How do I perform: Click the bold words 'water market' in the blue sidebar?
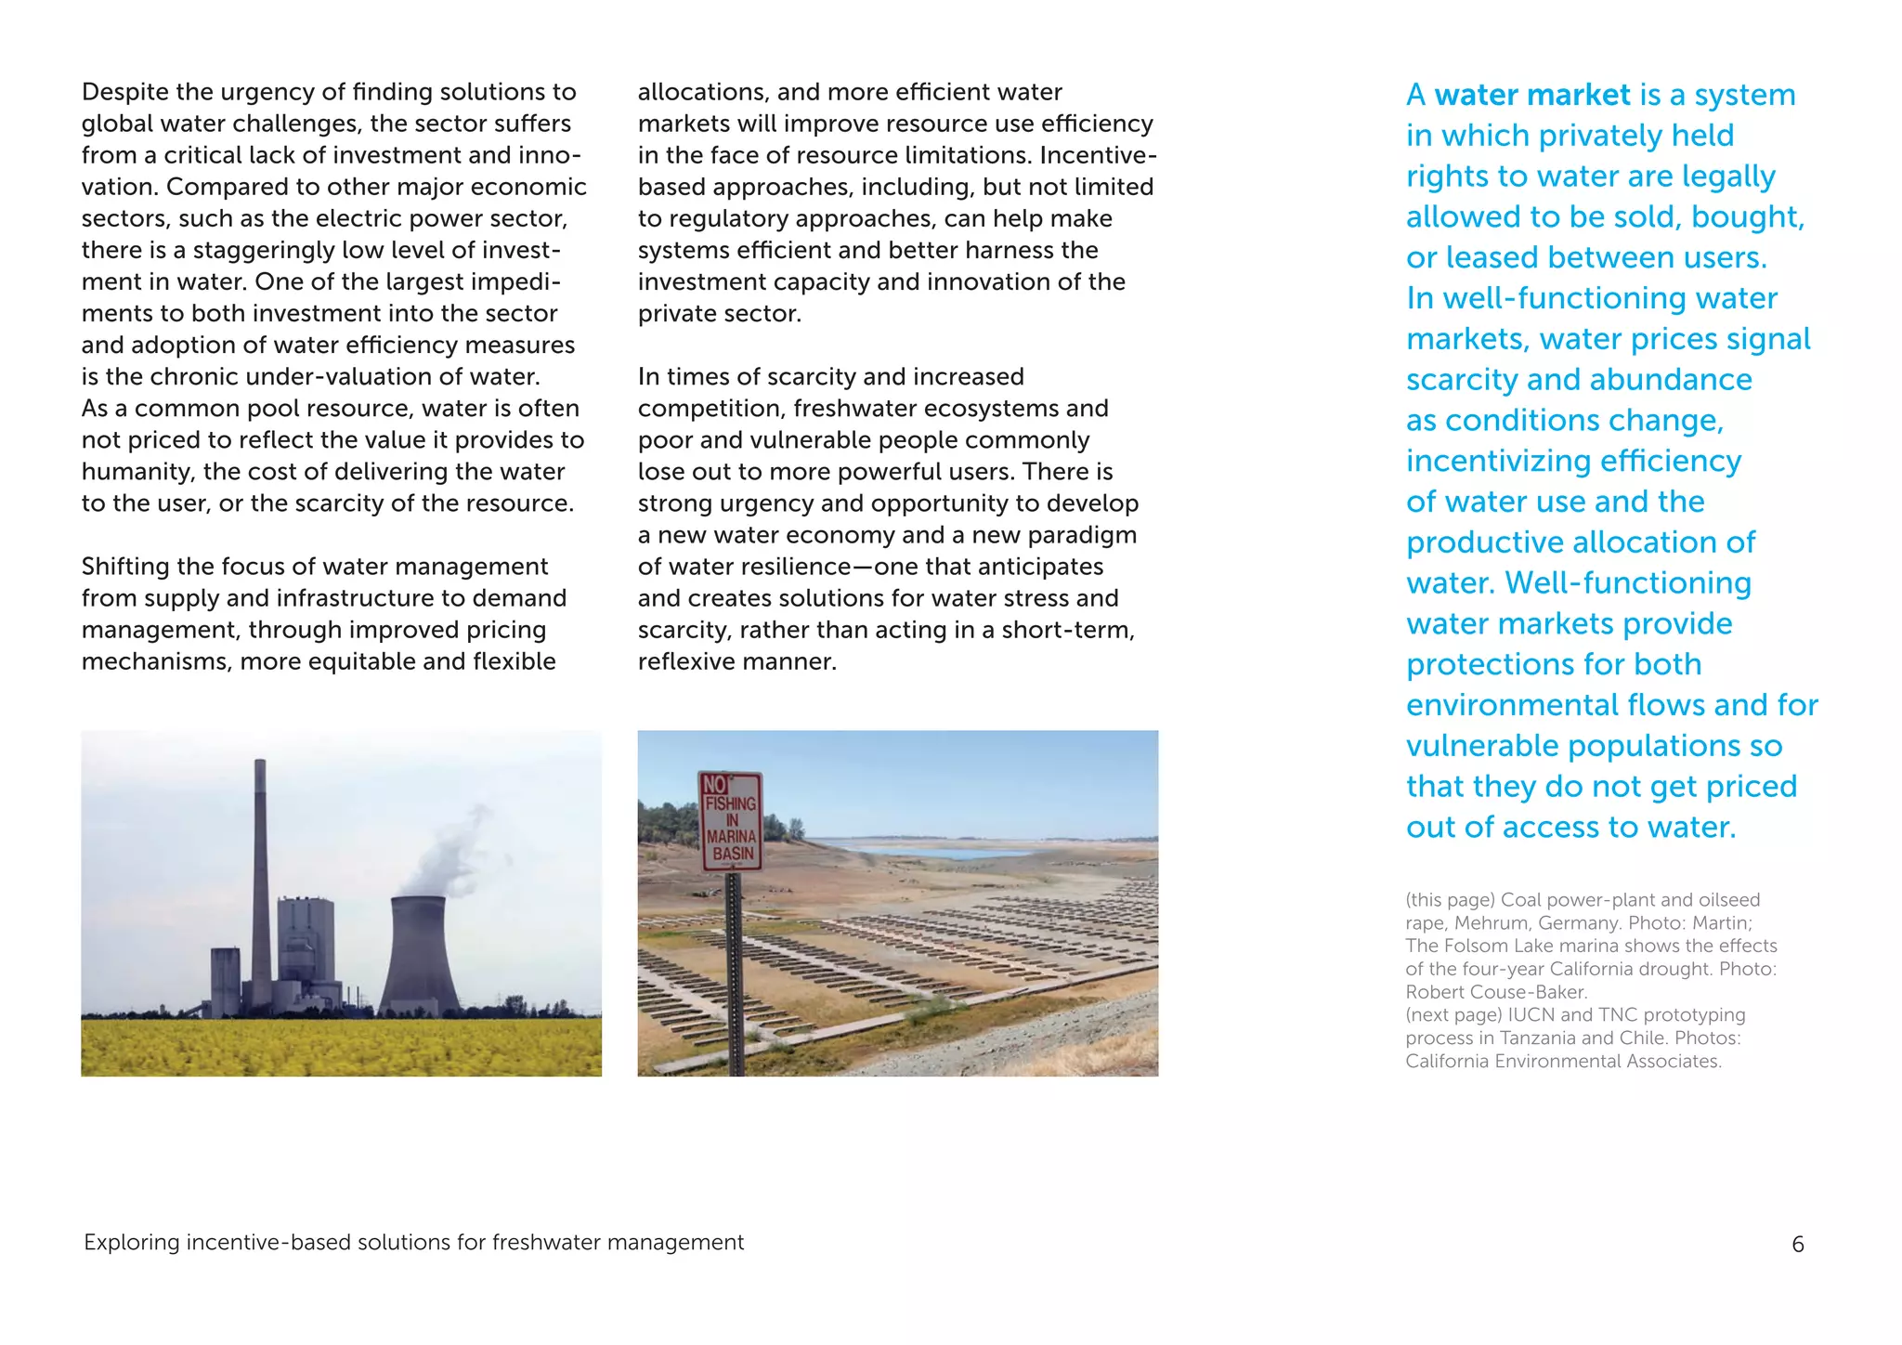(1531, 95)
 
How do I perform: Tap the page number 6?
(1797, 1244)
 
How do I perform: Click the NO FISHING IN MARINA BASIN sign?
(730, 821)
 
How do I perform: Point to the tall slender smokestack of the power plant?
(261, 882)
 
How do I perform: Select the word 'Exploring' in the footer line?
(131, 1243)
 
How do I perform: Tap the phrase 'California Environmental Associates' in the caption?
(1563, 1061)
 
